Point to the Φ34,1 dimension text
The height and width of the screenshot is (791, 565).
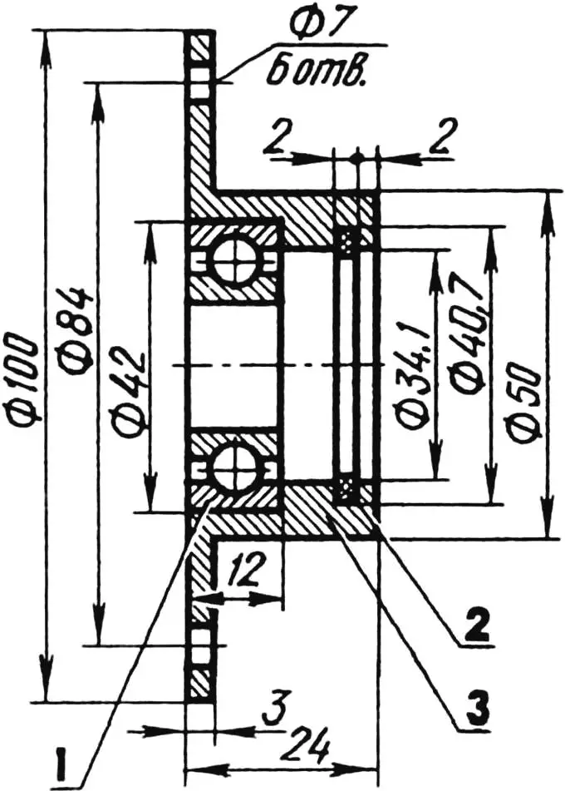414,367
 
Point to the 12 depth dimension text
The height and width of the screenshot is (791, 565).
247,570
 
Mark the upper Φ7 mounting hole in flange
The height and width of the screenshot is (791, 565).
200,83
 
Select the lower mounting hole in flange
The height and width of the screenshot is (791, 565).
200,644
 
